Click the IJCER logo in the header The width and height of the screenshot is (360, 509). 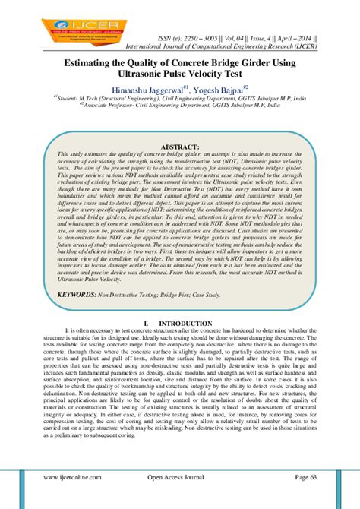tap(52, 16)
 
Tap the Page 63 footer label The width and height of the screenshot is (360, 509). tap(306, 498)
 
